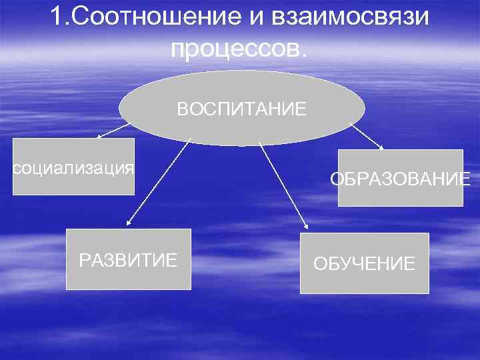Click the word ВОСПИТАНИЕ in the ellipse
pyautogui.click(x=241, y=109)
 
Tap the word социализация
pyautogui.click(x=74, y=167)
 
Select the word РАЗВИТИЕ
pyautogui.click(x=128, y=259)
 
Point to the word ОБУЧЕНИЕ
pyautogui.click(x=364, y=264)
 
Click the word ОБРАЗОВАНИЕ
pyautogui.click(x=400, y=179)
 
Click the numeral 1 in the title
pyautogui.click(x=56, y=17)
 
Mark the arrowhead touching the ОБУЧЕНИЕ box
pyautogui.click(x=305, y=228)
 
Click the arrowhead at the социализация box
pyautogui.click(x=99, y=137)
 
